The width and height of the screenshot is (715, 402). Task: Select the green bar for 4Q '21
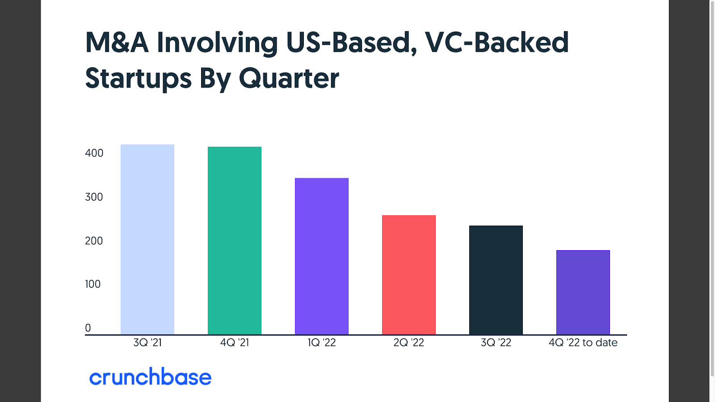click(235, 241)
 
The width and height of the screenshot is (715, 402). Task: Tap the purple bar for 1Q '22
click(322, 256)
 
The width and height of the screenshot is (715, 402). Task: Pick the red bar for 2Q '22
click(409, 275)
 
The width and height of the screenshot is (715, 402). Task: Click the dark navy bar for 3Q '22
click(496, 280)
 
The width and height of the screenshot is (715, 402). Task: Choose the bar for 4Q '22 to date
click(583, 292)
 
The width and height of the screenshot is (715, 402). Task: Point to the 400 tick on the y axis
click(94, 153)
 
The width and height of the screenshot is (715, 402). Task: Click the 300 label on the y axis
click(94, 197)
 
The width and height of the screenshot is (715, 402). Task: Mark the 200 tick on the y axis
click(94, 241)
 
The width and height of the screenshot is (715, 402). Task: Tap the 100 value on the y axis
click(93, 284)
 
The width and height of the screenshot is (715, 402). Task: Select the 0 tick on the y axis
click(88, 328)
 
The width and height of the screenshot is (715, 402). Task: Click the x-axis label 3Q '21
click(147, 343)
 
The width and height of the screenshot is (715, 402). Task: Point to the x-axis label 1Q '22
click(322, 343)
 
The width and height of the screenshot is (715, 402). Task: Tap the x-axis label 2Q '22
click(409, 343)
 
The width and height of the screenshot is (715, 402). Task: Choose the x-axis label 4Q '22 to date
click(583, 343)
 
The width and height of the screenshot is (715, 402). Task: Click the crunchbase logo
click(150, 377)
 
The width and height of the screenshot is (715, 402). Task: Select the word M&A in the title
click(117, 43)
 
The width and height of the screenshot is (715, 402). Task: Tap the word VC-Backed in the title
click(496, 43)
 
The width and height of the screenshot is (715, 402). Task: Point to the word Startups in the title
click(138, 79)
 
